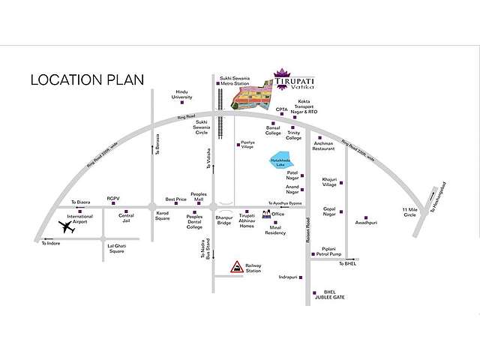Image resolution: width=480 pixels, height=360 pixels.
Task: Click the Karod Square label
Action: pyautogui.click(x=163, y=218)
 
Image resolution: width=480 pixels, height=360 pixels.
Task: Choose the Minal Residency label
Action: pyautogui.click(x=275, y=229)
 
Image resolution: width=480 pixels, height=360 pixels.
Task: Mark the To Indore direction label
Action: pyautogui.click(x=50, y=244)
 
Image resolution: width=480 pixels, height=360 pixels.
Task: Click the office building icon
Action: pyautogui.click(x=265, y=214)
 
